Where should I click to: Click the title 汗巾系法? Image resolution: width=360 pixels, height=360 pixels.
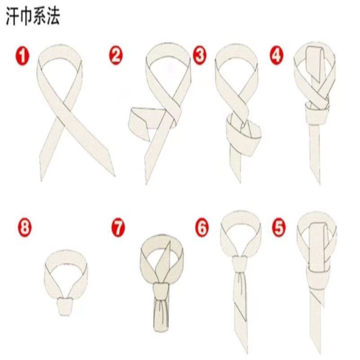pos(33,16)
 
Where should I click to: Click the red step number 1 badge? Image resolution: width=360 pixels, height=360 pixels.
pos(22,56)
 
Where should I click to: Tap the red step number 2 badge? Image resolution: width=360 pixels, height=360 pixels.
pos(116,55)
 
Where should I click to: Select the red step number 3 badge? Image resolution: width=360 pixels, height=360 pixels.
pos(199,55)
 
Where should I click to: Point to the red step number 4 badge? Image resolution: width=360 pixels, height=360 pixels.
pos(276,55)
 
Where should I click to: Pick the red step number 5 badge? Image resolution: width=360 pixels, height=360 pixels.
pos(279,228)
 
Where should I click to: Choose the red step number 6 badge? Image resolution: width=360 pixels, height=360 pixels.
pos(202,228)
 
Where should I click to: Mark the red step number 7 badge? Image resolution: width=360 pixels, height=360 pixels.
pos(118,228)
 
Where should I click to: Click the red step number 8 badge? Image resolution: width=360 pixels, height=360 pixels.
pos(25,228)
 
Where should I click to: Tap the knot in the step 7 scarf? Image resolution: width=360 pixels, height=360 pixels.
pos(161,291)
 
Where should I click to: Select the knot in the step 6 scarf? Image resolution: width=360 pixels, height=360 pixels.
pos(239,265)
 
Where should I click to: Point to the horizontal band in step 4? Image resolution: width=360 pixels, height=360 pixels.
pos(316,116)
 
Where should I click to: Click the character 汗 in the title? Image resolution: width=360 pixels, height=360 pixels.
pos(12,16)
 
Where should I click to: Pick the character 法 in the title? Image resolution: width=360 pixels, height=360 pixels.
pos(54,16)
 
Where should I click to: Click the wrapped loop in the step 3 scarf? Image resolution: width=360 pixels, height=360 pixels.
pos(244,135)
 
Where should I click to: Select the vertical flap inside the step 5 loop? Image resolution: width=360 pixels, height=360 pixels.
pos(318,246)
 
